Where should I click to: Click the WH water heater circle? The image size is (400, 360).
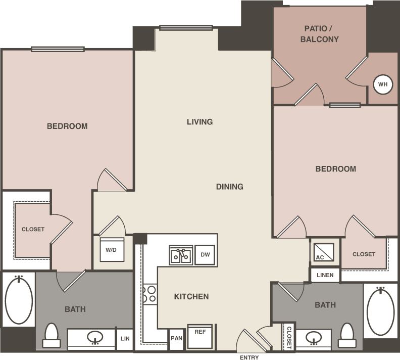(x=383, y=84)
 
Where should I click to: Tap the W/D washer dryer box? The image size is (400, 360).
(x=112, y=250)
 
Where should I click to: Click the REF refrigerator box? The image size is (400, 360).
(x=199, y=336)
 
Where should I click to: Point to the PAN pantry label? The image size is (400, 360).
(x=176, y=339)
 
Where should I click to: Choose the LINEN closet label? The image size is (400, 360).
(x=325, y=275)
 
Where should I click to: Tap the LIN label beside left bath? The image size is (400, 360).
(x=125, y=339)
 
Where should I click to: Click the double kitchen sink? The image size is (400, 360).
(x=181, y=256)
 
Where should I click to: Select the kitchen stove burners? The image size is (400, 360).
(x=150, y=294)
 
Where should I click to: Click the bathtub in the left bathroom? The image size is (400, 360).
(x=19, y=300)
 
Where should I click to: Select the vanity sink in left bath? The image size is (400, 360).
(x=94, y=337)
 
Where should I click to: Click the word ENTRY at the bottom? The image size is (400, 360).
(x=250, y=357)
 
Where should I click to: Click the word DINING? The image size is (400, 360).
(x=229, y=187)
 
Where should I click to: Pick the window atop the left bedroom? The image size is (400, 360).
(x=58, y=49)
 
